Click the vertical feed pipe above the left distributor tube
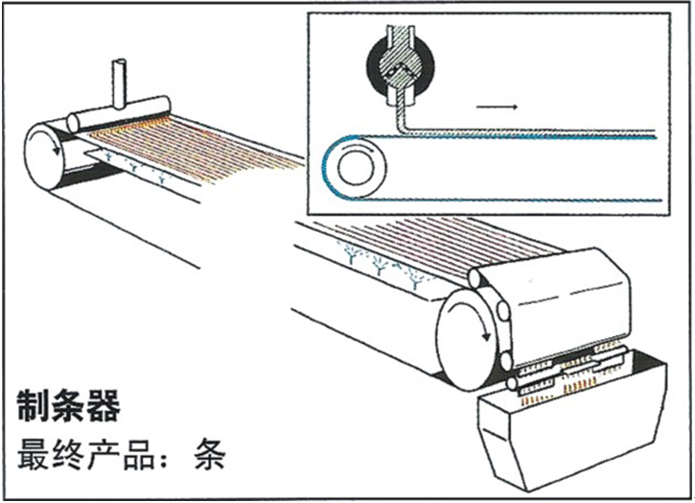tap(120, 81)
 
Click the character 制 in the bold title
tap(35, 406)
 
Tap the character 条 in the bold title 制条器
tap(69, 406)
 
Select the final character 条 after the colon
tap(208, 453)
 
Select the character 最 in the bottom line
tap(33, 453)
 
